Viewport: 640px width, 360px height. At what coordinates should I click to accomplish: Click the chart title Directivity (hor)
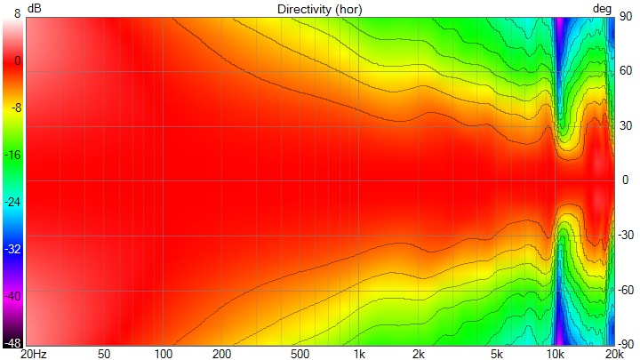(x=319, y=8)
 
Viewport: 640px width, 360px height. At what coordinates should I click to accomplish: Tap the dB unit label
(x=34, y=8)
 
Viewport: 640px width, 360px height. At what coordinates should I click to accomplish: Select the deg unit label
(x=603, y=8)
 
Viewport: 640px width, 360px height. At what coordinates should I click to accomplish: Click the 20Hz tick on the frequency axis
(x=34, y=354)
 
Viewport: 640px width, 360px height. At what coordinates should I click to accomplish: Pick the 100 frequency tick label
(x=162, y=354)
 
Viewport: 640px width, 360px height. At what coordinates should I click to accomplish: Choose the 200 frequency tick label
(x=221, y=354)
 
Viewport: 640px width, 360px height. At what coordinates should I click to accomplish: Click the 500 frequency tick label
(x=300, y=354)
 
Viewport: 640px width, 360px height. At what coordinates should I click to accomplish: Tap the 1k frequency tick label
(x=359, y=354)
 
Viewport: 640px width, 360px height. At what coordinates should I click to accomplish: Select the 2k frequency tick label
(x=419, y=354)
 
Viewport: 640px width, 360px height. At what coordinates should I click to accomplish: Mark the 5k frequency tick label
(x=498, y=354)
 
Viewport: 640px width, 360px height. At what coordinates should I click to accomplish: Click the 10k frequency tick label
(x=556, y=354)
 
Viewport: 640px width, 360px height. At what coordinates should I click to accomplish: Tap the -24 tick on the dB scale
(x=12, y=202)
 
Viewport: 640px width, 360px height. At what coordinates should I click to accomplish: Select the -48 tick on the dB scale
(x=12, y=342)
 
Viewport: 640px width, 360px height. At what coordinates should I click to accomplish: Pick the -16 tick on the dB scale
(x=12, y=155)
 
